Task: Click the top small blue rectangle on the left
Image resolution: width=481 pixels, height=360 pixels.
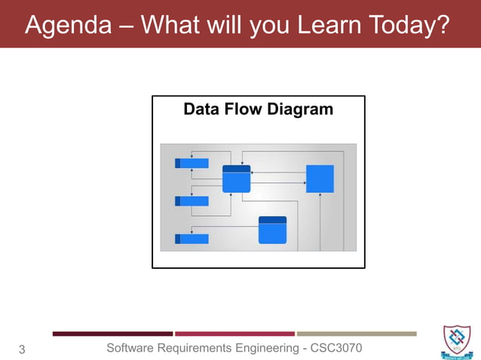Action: [x=191, y=163]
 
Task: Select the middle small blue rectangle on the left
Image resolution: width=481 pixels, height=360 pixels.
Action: [x=191, y=201]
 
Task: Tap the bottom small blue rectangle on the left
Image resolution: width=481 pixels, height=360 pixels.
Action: [x=191, y=239]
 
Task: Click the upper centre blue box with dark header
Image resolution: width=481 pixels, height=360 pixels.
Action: [x=236, y=179]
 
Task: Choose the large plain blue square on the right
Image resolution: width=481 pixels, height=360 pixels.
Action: [x=320, y=178]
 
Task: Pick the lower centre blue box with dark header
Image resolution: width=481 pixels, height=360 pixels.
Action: [x=272, y=230]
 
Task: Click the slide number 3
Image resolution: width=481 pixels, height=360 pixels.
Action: [x=21, y=349]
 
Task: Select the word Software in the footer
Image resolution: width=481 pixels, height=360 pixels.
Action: [x=133, y=347]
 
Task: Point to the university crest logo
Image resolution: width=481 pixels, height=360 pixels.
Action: [x=458, y=340]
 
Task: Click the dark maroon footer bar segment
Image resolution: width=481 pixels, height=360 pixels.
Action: [x=112, y=334]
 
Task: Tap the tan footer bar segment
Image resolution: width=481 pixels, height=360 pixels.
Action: [x=357, y=334]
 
